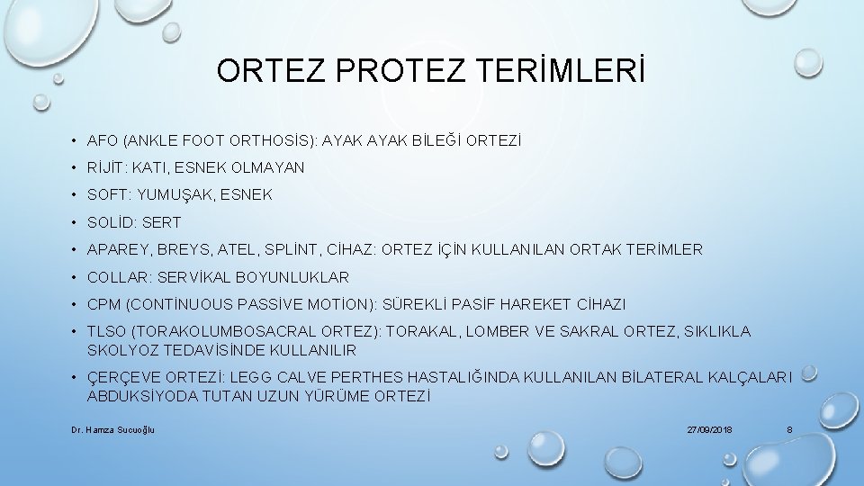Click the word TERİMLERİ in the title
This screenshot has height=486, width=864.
(x=565, y=71)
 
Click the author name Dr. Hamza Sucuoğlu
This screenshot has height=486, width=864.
(x=112, y=430)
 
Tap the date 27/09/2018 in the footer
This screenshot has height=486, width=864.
(x=709, y=430)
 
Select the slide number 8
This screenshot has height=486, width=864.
(x=789, y=430)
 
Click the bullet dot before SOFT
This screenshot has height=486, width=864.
(x=74, y=194)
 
